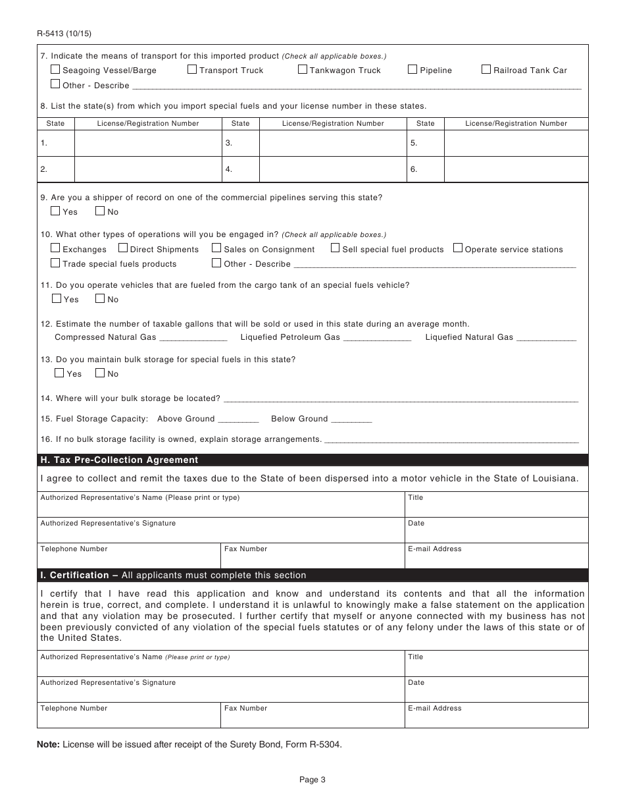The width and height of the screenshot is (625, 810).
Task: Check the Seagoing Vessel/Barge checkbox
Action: [55, 69]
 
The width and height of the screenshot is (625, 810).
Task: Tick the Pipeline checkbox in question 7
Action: [413, 69]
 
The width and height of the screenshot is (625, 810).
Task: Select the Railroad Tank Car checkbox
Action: [486, 69]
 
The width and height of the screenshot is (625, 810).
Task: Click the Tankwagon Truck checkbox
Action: [303, 69]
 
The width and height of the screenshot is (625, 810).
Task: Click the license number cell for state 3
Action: [332, 143]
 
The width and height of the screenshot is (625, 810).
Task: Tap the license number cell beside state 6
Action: [516, 169]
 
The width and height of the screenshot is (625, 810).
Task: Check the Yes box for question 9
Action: [55, 211]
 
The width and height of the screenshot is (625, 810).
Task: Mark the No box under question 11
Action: [100, 299]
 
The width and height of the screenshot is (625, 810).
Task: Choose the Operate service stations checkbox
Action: [458, 248]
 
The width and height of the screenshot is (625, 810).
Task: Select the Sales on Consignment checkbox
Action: [216, 248]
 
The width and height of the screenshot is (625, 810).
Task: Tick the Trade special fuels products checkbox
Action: [55, 263]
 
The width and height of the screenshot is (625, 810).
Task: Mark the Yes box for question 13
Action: [59, 373]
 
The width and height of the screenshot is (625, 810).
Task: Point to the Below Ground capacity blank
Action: [351, 419]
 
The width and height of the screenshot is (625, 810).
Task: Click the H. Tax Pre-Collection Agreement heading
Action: [119, 460]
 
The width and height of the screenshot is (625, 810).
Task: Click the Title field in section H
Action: [496, 504]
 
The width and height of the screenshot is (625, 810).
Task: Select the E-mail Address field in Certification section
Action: [496, 715]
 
